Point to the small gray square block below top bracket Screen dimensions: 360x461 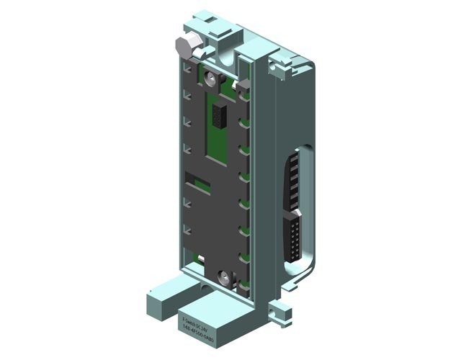[x=244, y=87]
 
